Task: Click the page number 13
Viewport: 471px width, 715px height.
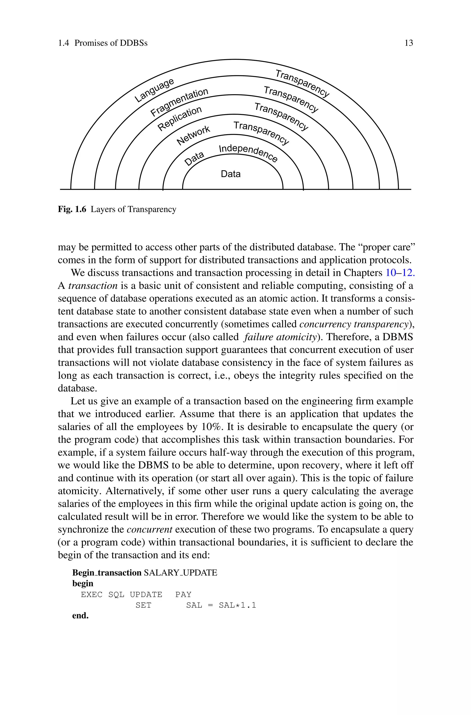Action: (409, 43)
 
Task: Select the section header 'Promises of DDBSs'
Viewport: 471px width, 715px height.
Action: (111, 43)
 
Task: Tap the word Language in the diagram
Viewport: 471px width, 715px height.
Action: (154, 90)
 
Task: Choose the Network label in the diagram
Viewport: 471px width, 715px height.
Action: (193, 135)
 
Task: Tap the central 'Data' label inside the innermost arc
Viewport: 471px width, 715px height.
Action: (230, 174)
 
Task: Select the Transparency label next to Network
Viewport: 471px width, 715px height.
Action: (261, 133)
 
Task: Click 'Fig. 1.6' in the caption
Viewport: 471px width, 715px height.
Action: (72, 209)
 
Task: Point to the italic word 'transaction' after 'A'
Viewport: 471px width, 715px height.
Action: (93, 286)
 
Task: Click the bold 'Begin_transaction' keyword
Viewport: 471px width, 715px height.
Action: (107, 573)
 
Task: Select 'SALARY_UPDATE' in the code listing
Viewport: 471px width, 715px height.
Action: (180, 573)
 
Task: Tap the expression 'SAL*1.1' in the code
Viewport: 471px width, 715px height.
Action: (237, 605)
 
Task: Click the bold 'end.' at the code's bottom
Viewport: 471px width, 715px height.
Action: (80, 616)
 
